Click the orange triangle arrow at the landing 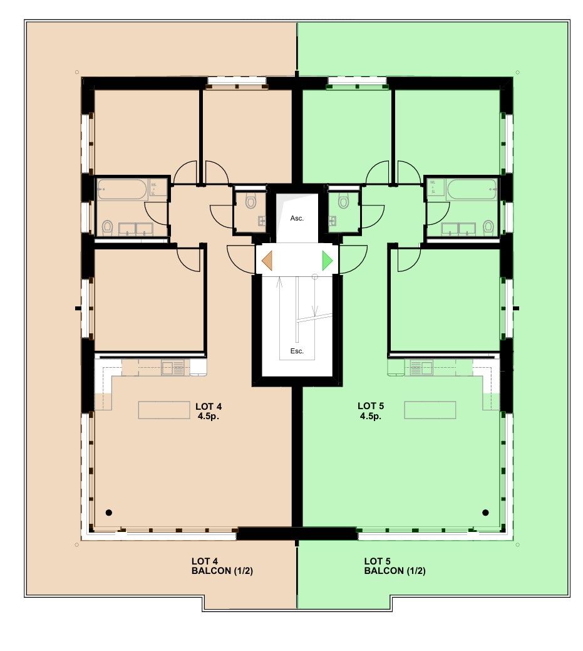(x=267, y=260)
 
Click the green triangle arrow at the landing (x=327, y=260)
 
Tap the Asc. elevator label (x=296, y=219)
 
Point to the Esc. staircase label (x=296, y=351)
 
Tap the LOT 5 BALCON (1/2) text (x=395, y=566)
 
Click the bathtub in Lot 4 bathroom (x=123, y=189)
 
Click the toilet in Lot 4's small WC (x=251, y=201)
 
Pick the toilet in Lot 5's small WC (x=343, y=201)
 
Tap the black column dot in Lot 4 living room (x=109, y=513)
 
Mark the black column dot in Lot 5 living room (x=485, y=513)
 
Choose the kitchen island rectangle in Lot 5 (x=430, y=410)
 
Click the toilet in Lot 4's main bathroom (x=107, y=227)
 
